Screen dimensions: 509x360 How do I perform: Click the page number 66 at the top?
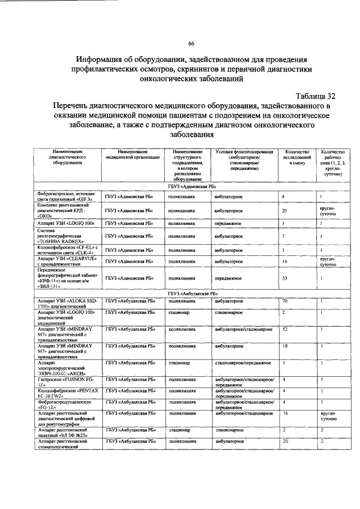[x=191, y=44]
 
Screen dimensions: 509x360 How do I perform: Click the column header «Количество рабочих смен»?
[x=332, y=163]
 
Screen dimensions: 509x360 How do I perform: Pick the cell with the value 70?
[x=285, y=301]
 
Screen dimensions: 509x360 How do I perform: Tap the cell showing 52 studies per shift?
[x=285, y=329]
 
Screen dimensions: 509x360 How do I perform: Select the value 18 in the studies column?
[x=285, y=346]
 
